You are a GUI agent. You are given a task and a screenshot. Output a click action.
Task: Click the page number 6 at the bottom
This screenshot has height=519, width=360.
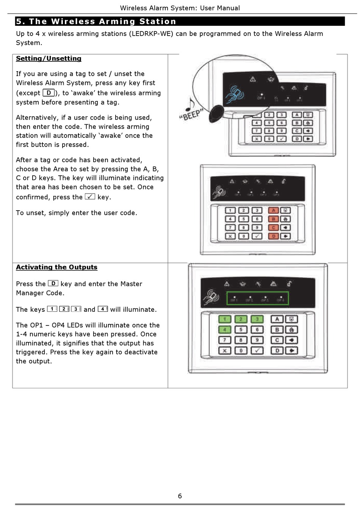click(180, 496)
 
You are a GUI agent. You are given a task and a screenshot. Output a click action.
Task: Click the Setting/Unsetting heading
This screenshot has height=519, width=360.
click(49, 58)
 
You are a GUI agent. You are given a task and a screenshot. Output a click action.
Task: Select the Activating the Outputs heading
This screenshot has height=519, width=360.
click(56, 267)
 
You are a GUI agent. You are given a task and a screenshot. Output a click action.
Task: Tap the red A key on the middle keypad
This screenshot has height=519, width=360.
click(273, 210)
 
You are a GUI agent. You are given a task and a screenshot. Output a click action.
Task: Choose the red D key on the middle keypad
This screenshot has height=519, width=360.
click(273, 236)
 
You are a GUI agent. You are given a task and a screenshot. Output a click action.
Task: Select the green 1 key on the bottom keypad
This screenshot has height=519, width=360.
click(225, 319)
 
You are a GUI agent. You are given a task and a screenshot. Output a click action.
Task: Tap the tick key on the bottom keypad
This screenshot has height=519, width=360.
click(257, 350)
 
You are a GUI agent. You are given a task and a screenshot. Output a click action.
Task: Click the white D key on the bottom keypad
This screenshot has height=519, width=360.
click(277, 350)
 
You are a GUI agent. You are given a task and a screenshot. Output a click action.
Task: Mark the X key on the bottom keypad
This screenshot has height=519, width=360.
click(225, 350)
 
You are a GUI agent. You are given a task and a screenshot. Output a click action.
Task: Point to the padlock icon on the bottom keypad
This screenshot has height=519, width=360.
click(289, 284)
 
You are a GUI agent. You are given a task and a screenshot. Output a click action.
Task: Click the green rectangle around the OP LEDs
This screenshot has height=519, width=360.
click(257, 299)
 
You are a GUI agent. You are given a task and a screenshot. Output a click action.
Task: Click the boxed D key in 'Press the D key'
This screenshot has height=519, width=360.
click(53, 283)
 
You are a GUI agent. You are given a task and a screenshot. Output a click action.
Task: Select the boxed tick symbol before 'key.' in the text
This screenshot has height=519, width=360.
click(90, 197)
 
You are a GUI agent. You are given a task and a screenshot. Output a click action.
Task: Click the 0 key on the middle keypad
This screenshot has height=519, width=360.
click(244, 236)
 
